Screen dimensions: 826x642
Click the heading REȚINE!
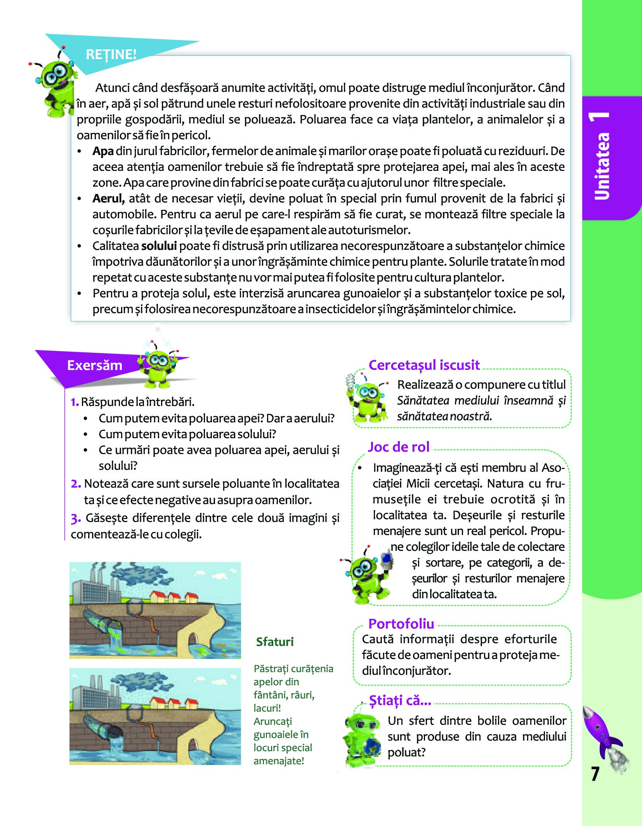[x=111, y=54]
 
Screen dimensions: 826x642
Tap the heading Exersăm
[x=94, y=366]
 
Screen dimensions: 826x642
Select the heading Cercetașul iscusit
[x=424, y=365]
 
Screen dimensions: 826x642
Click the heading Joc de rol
[x=399, y=447]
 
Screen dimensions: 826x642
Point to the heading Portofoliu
[x=401, y=624]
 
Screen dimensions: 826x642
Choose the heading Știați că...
[x=400, y=700]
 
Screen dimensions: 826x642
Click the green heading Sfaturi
[x=275, y=642]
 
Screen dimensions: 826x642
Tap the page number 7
[x=595, y=774]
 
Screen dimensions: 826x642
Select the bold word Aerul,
[x=108, y=199]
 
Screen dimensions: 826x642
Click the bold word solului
[x=159, y=246]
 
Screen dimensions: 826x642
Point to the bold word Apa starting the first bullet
[x=103, y=151]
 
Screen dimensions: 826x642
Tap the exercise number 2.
[x=76, y=484]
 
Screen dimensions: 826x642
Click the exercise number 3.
[x=76, y=518]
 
